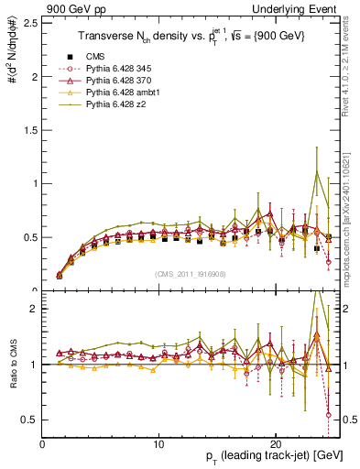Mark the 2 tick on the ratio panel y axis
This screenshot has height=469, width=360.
click(x=35, y=309)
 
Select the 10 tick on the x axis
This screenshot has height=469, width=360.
click(x=159, y=442)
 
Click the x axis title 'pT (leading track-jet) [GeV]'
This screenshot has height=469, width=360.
click(x=275, y=457)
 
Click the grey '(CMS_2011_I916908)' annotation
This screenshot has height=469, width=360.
click(x=191, y=275)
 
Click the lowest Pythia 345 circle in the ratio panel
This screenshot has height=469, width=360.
click(x=328, y=414)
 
